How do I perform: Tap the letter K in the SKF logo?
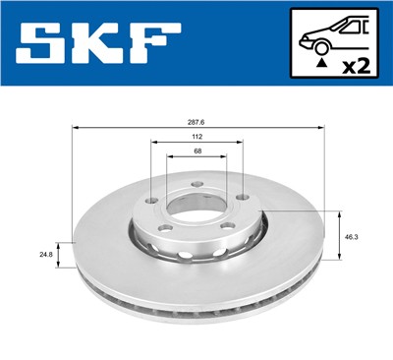(x=103, y=44)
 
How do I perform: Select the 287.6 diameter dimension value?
(x=197, y=122)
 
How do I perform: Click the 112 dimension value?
(x=196, y=138)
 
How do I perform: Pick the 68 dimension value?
(x=196, y=150)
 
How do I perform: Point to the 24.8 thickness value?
(x=46, y=255)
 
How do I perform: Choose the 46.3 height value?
(x=352, y=237)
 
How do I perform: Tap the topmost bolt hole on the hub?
(x=196, y=183)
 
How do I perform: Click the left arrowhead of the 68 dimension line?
(x=169, y=156)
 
